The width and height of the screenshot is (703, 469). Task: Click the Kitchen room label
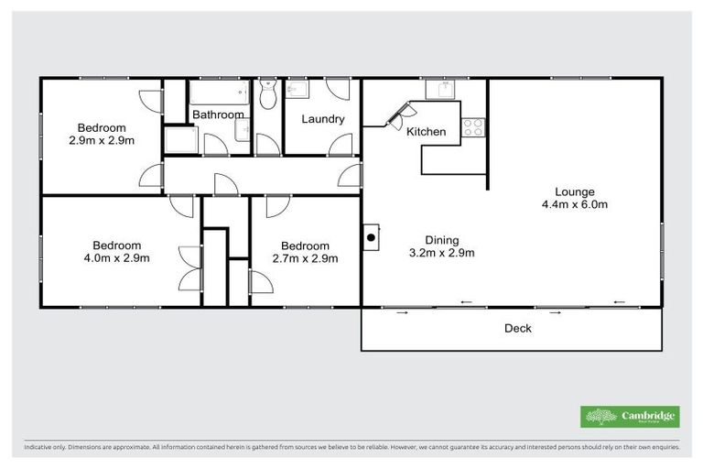pyautogui.click(x=427, y=132)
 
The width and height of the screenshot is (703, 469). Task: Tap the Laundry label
pyautogui.click(x=323, y=119)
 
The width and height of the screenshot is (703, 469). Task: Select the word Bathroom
pyautogui.click(x=218, y=115)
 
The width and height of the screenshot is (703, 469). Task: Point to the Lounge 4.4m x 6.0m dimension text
pyautogui.click(x=575, y=204)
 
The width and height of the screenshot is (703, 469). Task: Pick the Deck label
pyautogui.click(x=518, y=328)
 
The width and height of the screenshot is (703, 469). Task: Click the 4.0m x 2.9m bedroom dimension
pyautogui.click(x=117, y=258)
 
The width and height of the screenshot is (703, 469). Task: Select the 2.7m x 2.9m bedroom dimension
pyautogui.click(x=305, y=258)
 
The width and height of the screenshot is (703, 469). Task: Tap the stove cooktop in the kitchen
pyautogui.click(x=473, y=127)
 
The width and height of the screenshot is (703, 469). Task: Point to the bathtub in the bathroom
pyautogui.click(x=219, y=93)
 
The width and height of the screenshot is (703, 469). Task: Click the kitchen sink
pyautogui.click(x=444, y=89)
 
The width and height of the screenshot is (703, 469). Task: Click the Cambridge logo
pyautogui.click(x=630, y=417)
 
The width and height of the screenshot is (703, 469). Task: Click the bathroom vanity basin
pyautogui.click(x=242, y=134)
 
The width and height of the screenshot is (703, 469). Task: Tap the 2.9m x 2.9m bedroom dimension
pyautogui.click(x=102, y=141)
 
